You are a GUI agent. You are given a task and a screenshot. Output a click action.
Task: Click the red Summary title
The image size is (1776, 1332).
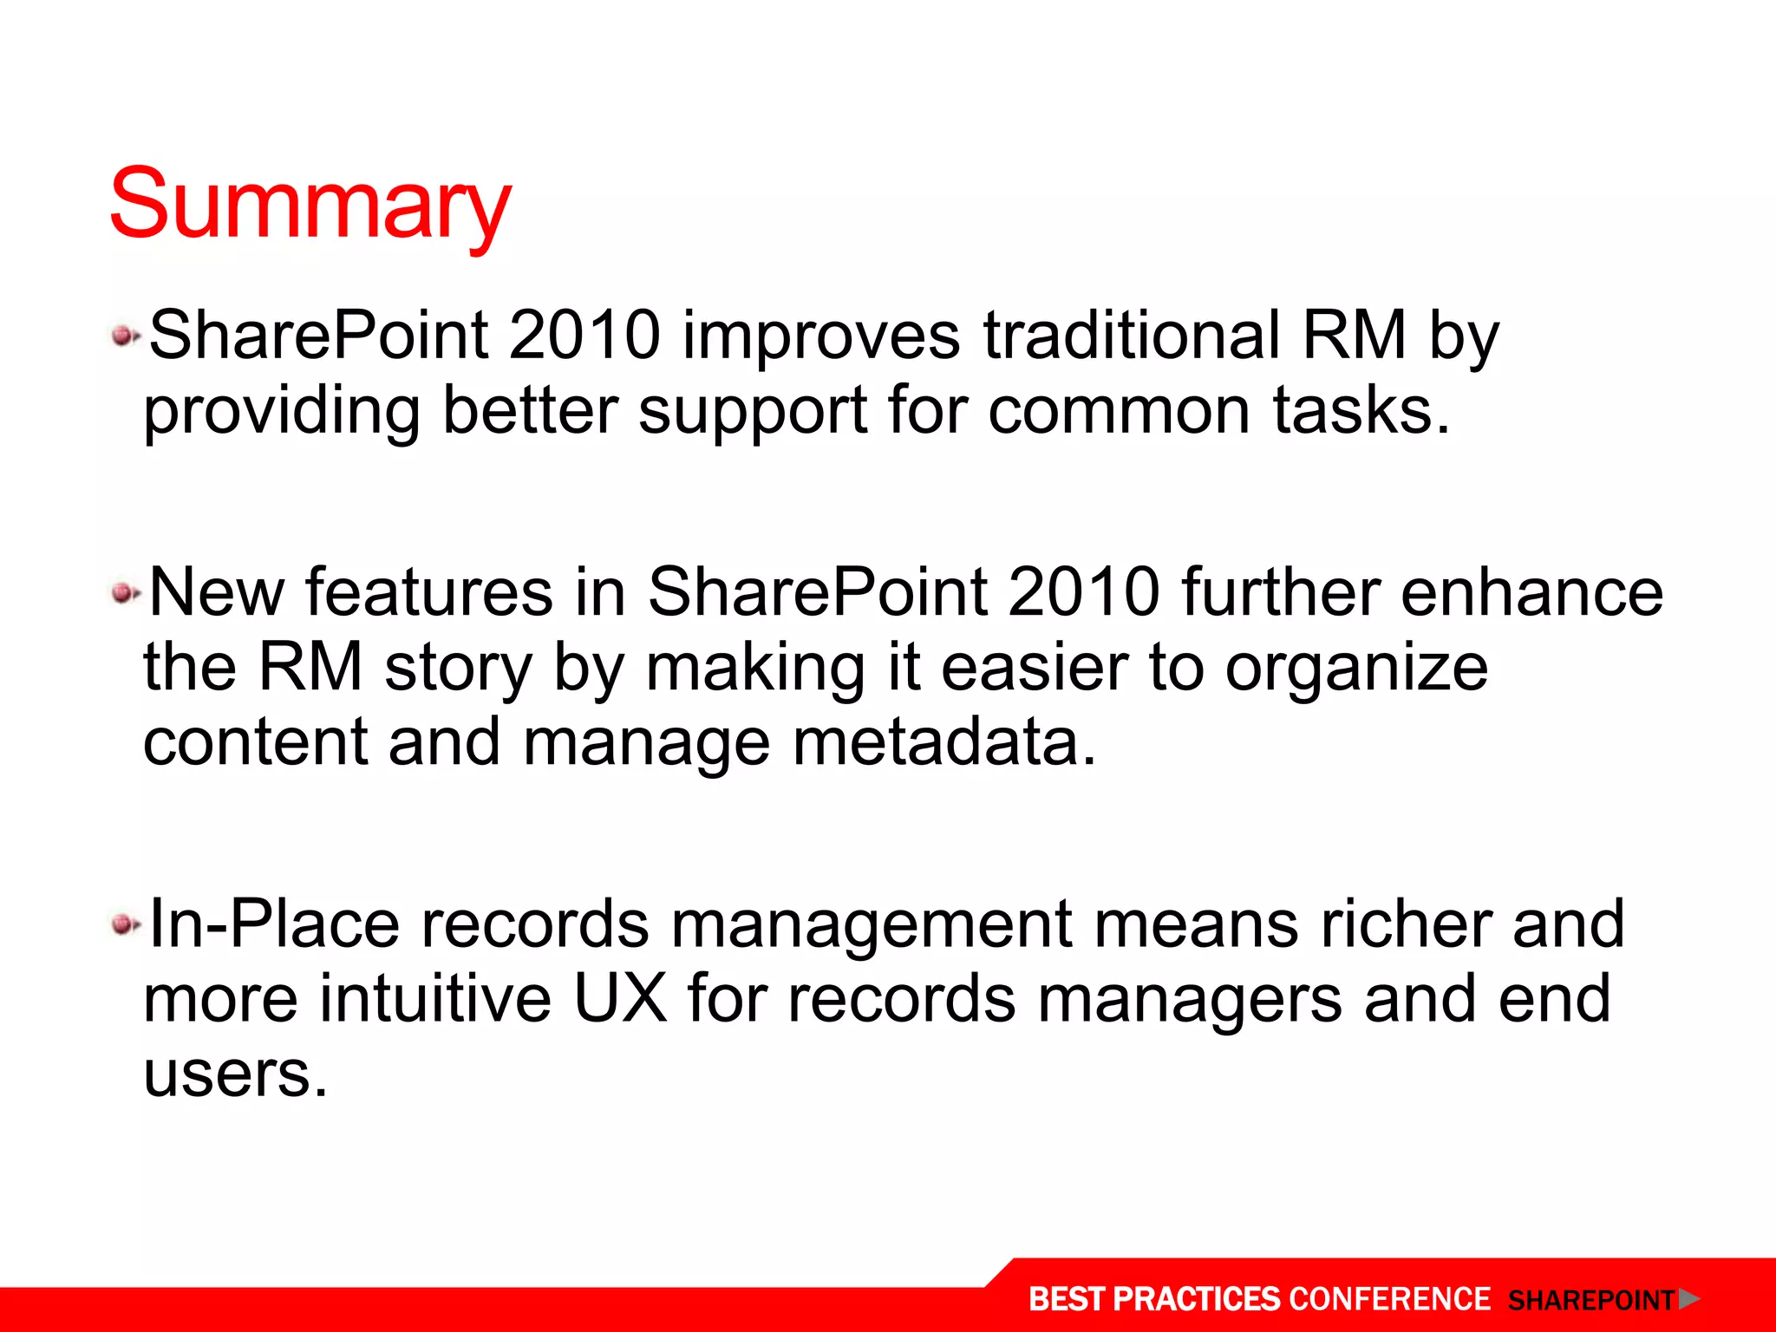point(310,205)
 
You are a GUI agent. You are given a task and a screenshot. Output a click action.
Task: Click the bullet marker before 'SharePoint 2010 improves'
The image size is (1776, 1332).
point(125,336)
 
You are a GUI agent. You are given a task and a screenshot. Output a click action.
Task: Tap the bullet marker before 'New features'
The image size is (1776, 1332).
point(125,594)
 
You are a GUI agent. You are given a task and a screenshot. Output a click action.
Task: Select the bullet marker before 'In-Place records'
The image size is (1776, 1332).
point(125,924)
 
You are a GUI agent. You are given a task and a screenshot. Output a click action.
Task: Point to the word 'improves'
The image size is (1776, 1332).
point(821,336)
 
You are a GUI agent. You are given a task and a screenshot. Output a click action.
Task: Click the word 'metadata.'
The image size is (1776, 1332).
point(944,742)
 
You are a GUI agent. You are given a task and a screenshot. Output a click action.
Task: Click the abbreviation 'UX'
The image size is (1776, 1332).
point(620,999)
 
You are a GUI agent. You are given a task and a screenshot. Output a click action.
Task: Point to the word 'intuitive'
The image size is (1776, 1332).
point(434,999)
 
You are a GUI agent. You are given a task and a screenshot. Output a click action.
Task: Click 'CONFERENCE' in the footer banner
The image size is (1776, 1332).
point(1389,1299)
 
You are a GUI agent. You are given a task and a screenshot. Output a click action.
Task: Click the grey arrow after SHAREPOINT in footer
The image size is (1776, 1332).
point(1688,1299)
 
